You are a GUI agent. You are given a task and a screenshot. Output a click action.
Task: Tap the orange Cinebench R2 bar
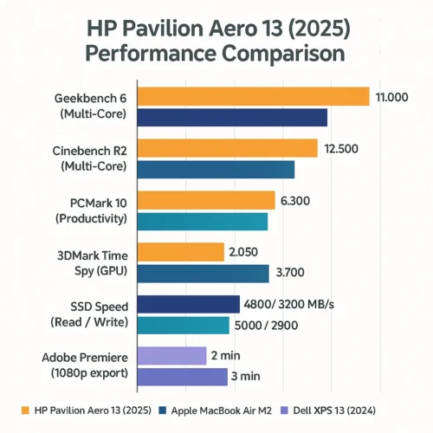228,148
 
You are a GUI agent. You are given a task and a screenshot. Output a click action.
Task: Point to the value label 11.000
392,97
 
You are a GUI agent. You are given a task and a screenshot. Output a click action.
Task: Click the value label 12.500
340,149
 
